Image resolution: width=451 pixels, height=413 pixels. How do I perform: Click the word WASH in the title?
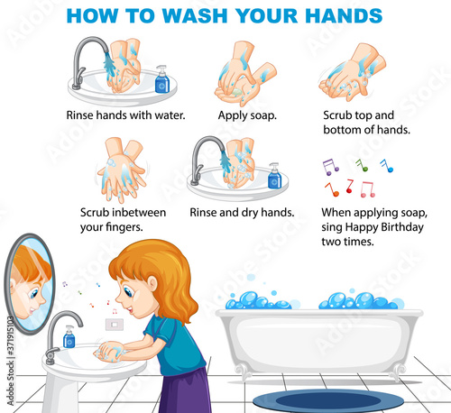[x=196, y=15]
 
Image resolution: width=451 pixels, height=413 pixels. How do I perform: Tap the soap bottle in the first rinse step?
[x=162, y=79]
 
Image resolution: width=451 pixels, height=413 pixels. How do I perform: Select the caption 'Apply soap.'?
[x=247, y=115]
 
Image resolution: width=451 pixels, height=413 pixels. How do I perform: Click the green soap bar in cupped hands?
[x=237, y=92]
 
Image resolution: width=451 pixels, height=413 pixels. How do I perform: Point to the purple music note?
[x=330, y=167]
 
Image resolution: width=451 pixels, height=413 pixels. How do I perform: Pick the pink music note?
[x=368, y=189]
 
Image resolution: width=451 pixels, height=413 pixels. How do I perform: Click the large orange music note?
[x=332, y=189]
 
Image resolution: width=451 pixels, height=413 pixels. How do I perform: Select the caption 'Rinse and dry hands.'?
[x=242, y=213]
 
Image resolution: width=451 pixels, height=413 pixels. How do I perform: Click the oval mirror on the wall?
[x=29, y=283]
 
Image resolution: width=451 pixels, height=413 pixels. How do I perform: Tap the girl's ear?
[x=152, y=284]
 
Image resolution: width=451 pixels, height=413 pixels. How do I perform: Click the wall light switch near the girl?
[x=115, y=325]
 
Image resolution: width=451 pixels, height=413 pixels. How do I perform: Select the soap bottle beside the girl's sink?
[x=69, y=336]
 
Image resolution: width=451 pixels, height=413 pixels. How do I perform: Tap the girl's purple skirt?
[x=186, y=390]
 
